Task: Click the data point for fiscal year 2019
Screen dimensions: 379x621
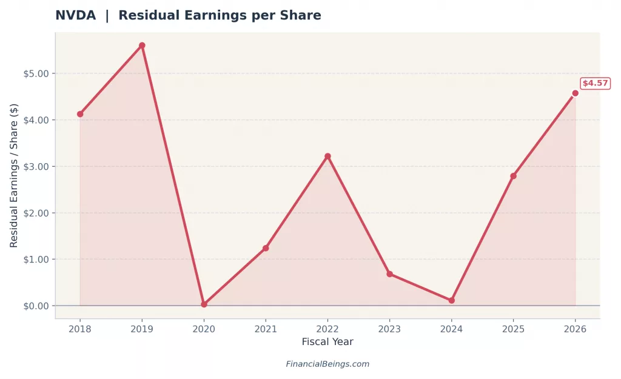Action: pyautogui.click(x=142, y=45)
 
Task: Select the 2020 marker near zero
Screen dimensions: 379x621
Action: pyautogui.click(x=204, y=304)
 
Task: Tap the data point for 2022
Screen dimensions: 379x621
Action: pyautogui.click(x=327, y=156)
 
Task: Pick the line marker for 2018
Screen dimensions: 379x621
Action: pyautogui.click(x=80, y=114)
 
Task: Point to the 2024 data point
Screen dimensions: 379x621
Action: pyautogui.click(x=451, y=300)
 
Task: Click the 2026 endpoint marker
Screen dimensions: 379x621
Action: pyautogui.click(x=575, y=93)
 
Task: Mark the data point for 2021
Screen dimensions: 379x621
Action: pyautogui.click(x=266, y=248)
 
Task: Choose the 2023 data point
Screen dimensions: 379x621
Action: pyautogui.click(x=389, y=274)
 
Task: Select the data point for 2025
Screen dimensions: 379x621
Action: pyautogui.click(x=513, y=176)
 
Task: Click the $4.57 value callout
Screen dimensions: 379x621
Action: pyautogui.click(x=595, y=84)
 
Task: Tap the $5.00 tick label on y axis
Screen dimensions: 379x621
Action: pyautogui.click(x=36, y=73)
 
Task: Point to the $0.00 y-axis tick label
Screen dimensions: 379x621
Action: pyautogui.click(x=36, y=306)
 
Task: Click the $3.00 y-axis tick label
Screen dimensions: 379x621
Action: pyautogui.click(x=36, y=166)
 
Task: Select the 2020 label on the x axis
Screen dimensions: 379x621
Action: pyautogui.click(x=204, y=328)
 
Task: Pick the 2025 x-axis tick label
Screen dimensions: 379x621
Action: pyautogui.click(x=513, y=328)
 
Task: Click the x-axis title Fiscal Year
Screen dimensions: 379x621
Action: pyautogui.click(x=327, y=342)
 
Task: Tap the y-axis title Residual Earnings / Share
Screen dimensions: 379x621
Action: pyautogui.click(x=14, y=175)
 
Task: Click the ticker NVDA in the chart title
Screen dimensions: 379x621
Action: pyautogui.click(x=75, y=16)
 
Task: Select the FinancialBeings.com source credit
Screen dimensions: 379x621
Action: pyautogui.click(x=327, y=364)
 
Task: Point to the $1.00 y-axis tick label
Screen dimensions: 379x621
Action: pyautogui.click(x=36, y=259)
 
